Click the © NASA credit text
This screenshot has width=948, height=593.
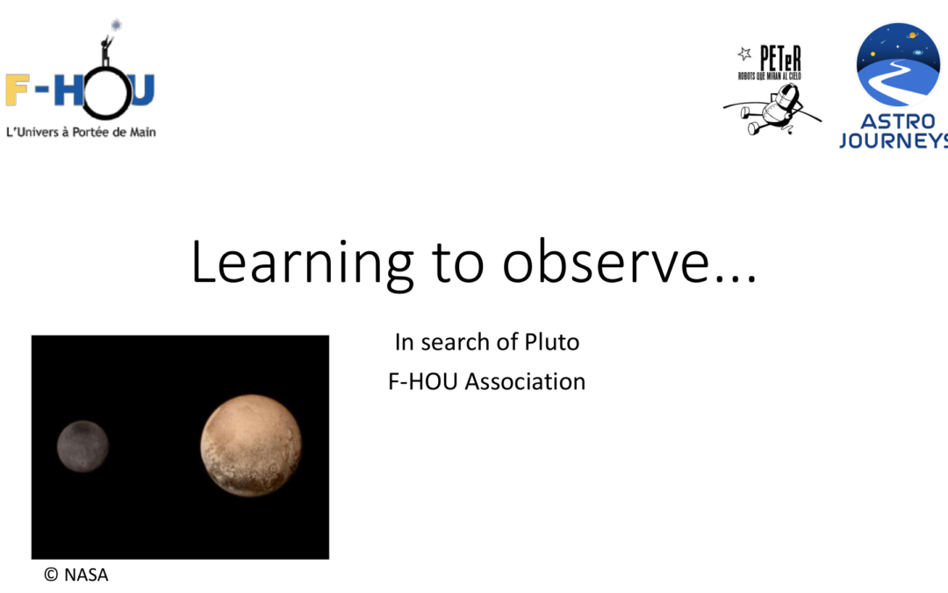click(x=75, y=575)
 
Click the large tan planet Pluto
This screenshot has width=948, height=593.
click(x=251, y=445)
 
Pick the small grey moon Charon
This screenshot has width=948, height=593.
click(x=83, y=445)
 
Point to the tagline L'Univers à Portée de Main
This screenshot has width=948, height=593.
click(x=81, y=132)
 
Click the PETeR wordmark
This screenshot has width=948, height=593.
click(x=779, y=59)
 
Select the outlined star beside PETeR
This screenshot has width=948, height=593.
click(x=744, y=54)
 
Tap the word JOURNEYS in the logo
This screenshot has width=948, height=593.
click(x=894, y=141)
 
